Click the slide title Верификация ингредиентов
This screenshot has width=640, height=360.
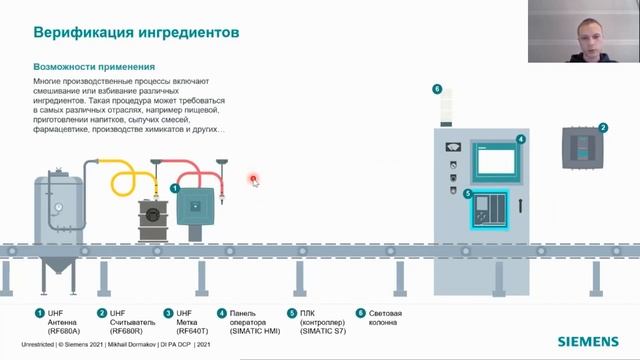coord(137,32)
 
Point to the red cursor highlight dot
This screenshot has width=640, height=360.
coord(254,180)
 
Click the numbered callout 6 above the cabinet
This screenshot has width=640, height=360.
coord(437,89)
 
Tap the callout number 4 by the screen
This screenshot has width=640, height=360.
coord(521,139)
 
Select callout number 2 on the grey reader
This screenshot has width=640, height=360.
coord(602,128)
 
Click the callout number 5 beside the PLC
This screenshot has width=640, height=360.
coord(467,193)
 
